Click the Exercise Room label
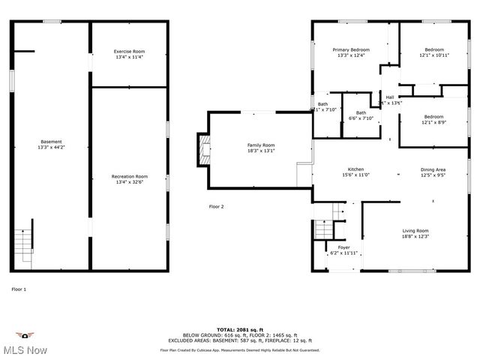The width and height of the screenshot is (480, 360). click(x=129, y=54)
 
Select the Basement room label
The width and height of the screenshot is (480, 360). click(x=51, y=144)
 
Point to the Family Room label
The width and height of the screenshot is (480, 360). click(x=261, y=147)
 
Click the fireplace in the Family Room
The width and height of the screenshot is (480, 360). click(x=202, y=150)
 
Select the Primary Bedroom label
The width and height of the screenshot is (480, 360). click(x=351, y=52)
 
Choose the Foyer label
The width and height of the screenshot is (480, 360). click(x=343, y=250)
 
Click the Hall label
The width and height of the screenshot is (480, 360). click(x=390, y=99)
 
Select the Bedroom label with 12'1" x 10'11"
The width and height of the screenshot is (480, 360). click(x=434, y=52)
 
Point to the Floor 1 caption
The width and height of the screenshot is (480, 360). click(x=19, y=289)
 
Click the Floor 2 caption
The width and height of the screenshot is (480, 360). click(x=216, y=206)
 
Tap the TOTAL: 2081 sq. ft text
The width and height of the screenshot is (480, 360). click(x=239, y=329)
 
